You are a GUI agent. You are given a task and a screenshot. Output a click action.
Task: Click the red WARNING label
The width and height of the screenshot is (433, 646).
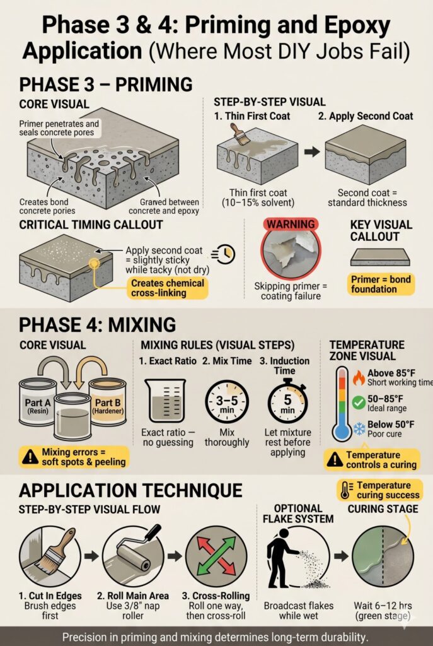coord(291,224)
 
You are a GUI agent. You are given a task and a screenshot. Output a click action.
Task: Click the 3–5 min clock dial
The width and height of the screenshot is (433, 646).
coord(227,402)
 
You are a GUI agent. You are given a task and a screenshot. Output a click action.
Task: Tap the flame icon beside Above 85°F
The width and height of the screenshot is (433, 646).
coord(359,377)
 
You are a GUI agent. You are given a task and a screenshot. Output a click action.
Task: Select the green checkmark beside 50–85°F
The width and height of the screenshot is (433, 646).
coord(359,402)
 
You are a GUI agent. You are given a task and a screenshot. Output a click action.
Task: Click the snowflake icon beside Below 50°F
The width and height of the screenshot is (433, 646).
coord(359,428)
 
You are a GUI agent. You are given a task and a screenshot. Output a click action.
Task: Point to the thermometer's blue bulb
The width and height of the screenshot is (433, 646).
coord(342,432)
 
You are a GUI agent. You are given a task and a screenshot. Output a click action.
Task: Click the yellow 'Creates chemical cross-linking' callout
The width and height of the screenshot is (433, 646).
coord(168,288)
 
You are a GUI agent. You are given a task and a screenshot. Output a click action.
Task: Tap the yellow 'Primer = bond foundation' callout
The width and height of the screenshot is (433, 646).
coord(381,285)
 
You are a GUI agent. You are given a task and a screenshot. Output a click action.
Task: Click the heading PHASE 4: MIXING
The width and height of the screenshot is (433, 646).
coord(98,325)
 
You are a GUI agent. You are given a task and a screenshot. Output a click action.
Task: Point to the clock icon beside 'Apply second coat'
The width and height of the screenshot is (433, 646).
coord(224,254)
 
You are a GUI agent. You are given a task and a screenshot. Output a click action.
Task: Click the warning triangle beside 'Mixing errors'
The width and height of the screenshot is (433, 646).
coord(30,457)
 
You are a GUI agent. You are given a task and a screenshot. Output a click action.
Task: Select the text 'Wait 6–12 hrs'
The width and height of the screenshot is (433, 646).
coord(383,606)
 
